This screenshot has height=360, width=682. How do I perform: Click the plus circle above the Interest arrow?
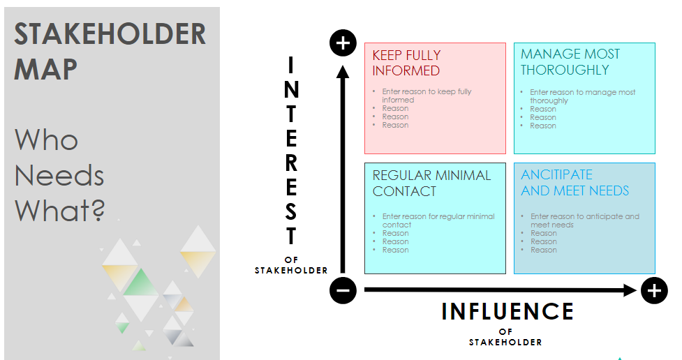tap(343, 44)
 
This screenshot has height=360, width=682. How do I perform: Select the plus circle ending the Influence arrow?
tap(653, 290)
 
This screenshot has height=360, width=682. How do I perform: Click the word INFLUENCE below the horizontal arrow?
tap(507, 311)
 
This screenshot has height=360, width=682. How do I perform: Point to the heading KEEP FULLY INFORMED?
tap(406, 63)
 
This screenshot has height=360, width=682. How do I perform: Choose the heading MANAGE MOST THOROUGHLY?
tap(570, 62)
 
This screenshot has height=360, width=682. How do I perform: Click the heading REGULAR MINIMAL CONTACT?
tap(431, 183)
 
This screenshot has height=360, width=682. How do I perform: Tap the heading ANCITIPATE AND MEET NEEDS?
tap(574, 182)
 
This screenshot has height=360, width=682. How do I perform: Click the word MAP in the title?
tap(46, 70)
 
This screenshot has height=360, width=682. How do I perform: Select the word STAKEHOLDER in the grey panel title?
tap(110, 33)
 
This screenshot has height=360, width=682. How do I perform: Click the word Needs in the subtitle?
tap(59, 175)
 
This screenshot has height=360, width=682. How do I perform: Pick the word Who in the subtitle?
tap(46, 140)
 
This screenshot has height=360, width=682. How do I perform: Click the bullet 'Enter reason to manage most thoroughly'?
tap(582, 96)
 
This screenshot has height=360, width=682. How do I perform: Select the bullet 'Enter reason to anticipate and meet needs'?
tap(584, 220)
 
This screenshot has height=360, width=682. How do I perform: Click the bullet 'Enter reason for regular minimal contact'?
tap(438, 220)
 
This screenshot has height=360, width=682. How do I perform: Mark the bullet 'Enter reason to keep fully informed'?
tap(427, 96)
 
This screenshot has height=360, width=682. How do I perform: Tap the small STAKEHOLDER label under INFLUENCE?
tap(505, 343)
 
